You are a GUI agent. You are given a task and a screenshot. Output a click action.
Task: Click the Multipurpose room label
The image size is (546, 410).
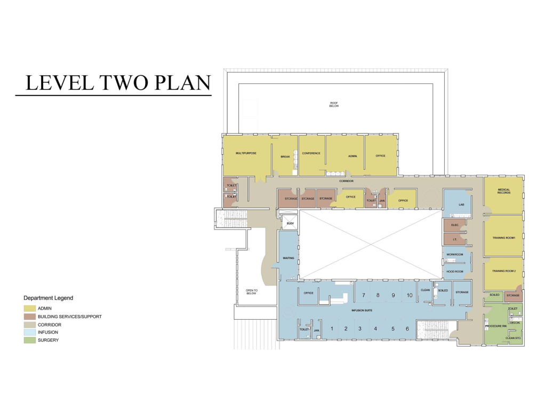coord(246,153)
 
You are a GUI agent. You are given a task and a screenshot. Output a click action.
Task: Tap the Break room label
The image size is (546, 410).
coord(285,157)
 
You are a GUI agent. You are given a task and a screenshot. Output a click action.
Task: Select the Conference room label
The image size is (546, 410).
coord(311,153)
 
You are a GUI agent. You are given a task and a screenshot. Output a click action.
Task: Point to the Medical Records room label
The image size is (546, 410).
coord(503,191)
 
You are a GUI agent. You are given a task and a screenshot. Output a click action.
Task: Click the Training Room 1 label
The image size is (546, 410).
coord(503,238)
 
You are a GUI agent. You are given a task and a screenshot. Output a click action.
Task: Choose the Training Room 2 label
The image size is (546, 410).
coord(503,271)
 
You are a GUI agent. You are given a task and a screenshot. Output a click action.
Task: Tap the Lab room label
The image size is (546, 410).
coord(461,204)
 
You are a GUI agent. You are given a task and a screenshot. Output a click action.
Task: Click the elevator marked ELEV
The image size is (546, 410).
coord(290,223)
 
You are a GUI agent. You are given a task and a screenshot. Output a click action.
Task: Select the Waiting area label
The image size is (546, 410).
coord(288,258)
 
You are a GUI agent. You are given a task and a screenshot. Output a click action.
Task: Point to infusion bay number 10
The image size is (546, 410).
coord(409,295)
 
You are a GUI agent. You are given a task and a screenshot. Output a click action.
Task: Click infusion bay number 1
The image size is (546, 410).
coord(332,328)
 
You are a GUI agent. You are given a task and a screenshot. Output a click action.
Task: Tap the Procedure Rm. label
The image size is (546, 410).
coord(496,326)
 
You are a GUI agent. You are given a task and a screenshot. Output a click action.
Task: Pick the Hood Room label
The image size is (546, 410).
coord(455,271)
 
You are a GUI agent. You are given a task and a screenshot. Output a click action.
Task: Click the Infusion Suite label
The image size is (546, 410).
coord(362,310)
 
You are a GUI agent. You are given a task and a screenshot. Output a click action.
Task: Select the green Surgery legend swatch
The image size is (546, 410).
coord(30,340)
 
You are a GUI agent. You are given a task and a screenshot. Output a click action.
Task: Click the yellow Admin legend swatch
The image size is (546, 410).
coord(30,308)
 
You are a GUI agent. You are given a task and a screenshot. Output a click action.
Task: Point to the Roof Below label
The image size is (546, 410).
coord(334,104)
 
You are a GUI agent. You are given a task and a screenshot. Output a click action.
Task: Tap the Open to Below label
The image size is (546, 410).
coord(252,292)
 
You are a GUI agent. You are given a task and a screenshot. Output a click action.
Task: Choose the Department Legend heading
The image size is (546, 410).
coord(49,298)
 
